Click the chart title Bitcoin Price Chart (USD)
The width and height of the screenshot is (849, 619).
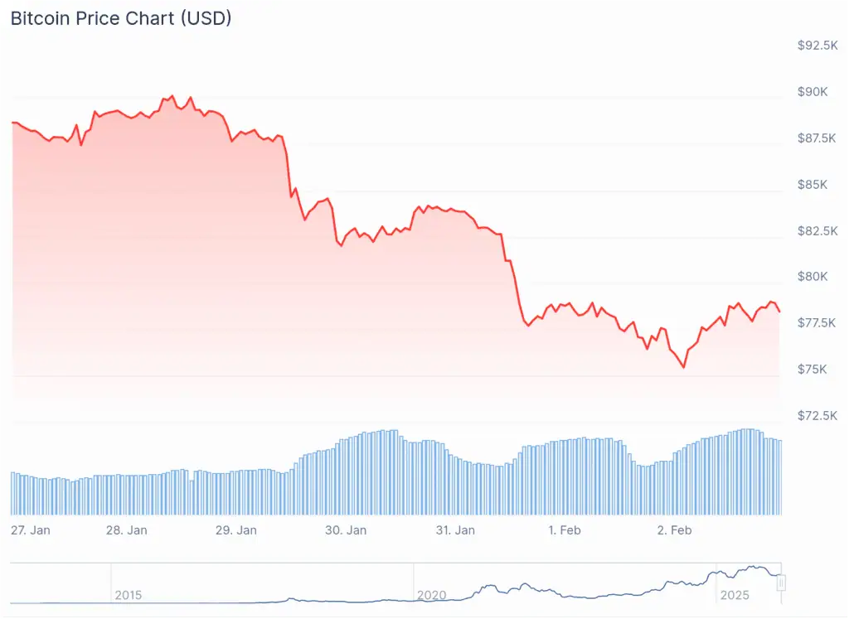pos(120,19)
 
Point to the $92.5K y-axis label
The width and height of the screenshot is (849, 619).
pos(817,46)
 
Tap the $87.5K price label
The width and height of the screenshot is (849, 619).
pos(817,138)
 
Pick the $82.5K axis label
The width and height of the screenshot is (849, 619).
pos(817,230)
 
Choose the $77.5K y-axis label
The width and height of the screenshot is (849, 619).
pos(817,322)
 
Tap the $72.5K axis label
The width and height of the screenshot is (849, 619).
pos(817,415)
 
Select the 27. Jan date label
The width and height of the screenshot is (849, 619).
pos(31,530)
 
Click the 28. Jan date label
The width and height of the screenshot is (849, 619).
pos(127,530)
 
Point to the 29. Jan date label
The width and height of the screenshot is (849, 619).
pos(235,530)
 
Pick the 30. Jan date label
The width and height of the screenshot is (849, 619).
pos(346,530)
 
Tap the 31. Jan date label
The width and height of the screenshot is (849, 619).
pos(454,530)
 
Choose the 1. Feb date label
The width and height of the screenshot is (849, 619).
pos(564,530)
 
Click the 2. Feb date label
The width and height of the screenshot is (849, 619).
pos(673,530)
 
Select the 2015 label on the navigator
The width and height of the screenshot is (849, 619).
pos(129,595)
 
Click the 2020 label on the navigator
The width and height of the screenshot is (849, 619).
pos(431,595)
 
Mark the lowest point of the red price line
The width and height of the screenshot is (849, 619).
pos(684,367)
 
